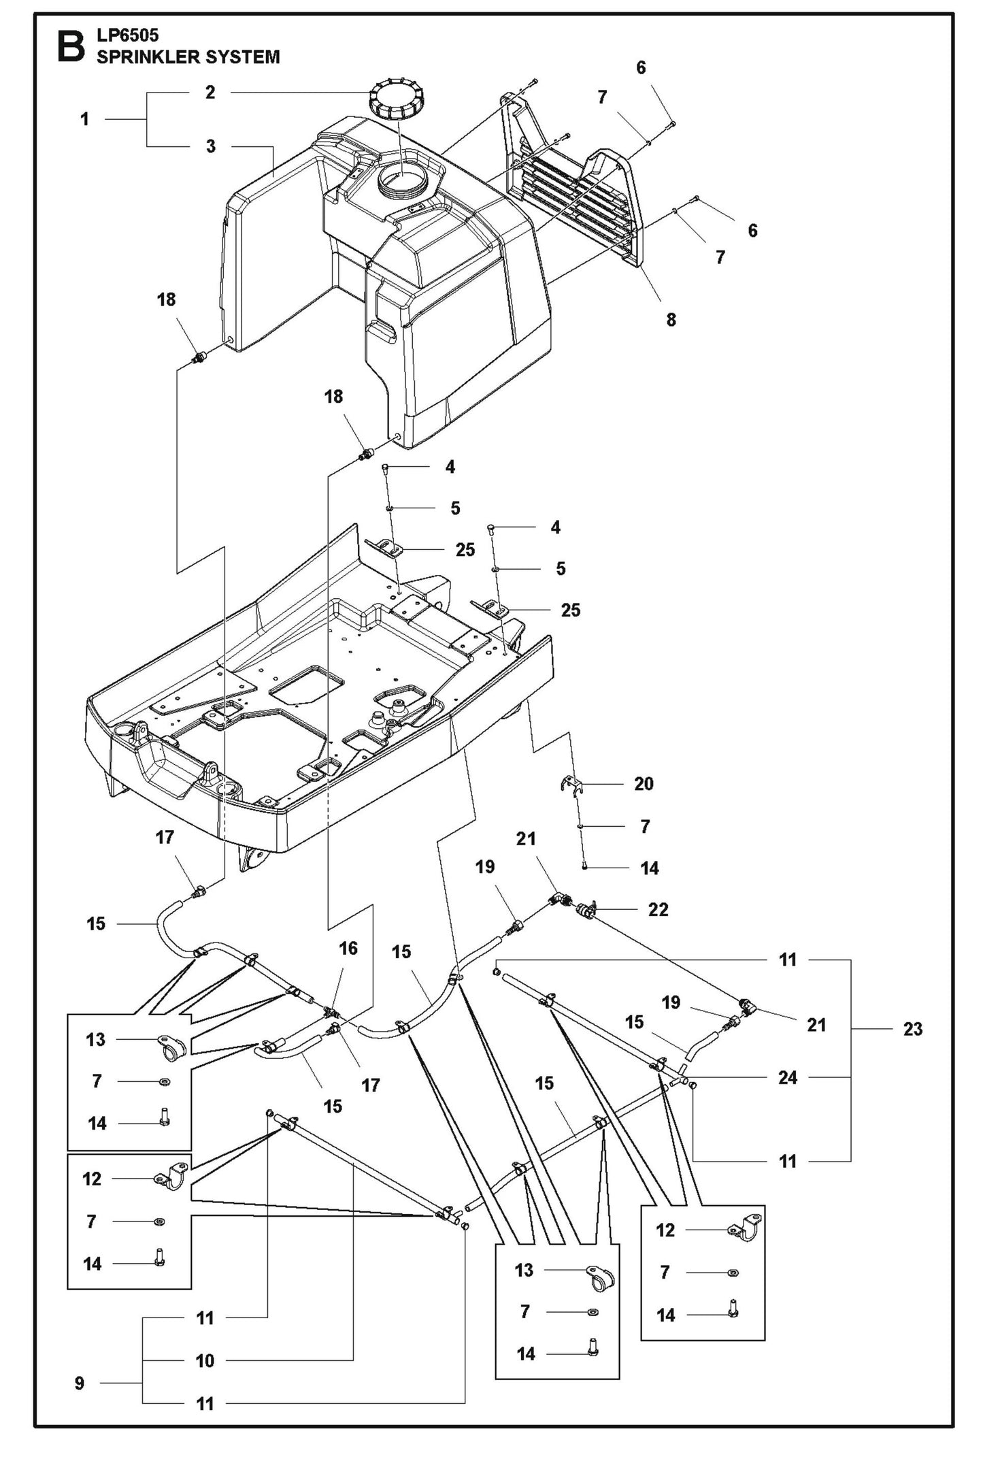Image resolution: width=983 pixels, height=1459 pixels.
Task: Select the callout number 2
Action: (210, 93)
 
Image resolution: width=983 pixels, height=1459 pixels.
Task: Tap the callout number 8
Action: (671, 319)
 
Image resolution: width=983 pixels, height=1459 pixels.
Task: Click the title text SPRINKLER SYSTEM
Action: (188, 57)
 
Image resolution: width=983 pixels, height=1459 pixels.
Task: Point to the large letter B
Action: (71, 46)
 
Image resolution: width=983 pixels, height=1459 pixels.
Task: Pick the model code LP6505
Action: (127, 34)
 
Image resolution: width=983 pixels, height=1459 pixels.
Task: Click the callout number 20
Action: (644, 784)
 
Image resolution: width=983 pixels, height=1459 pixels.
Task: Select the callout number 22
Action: (658, 910)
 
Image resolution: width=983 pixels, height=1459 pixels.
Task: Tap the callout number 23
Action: (912, 1029)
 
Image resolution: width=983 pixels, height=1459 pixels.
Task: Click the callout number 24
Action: (788, 1078)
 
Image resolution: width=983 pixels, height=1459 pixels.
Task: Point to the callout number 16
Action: (348, 949)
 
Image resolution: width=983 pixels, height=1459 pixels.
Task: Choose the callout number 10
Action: (205, 1360)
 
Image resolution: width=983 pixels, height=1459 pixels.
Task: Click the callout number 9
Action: (80, 1383)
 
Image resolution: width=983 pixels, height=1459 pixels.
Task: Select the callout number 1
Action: (84, 120)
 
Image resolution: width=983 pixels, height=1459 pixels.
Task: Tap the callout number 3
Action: (211, 146)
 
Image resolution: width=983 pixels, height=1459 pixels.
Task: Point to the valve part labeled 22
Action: (585, 909)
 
